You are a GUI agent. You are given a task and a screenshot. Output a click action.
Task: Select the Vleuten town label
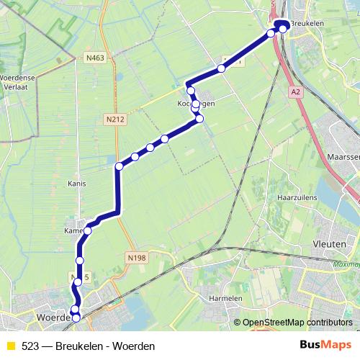[336, 244]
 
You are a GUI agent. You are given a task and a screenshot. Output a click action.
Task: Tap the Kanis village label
[76, 184]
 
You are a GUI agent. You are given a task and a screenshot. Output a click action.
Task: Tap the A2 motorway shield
[295, 92]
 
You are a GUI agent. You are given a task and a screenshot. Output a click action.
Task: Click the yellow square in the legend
[11, 346]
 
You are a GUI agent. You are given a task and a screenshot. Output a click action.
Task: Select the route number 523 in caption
[30, 346]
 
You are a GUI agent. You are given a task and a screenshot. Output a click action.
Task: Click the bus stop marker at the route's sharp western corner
[119, 167]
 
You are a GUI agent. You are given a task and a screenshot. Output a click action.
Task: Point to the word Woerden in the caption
[135, 346]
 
